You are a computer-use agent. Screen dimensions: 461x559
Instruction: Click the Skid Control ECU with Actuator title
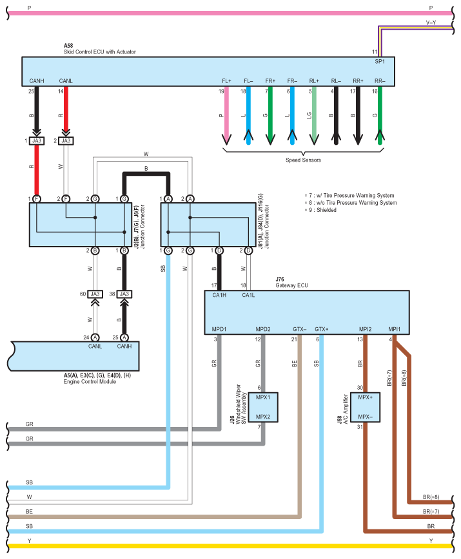(x=99, y=52)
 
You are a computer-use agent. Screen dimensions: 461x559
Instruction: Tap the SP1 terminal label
(x=380, y=61)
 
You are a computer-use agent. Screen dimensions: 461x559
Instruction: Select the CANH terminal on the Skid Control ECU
(x=37, y=81)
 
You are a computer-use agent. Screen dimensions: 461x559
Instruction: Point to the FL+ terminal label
(x=226, y=81)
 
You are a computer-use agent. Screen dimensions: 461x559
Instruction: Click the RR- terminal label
(x=380, y=81)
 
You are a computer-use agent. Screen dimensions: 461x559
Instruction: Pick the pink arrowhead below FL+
(x=226, y=139)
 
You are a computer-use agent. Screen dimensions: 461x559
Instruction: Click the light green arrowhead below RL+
(x=314, y=139)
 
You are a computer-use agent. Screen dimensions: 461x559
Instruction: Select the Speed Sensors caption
(x=303, y=160)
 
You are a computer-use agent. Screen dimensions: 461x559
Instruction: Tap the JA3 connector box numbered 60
(x=95, y=294)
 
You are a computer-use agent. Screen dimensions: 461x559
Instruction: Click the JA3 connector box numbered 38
(x=124, y=294)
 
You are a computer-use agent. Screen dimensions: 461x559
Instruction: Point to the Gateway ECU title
(x=291, y=285)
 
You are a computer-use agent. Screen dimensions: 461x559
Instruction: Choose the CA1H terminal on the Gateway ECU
(x=219, y=295)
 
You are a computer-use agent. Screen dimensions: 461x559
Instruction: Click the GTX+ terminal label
(x=322, y=329)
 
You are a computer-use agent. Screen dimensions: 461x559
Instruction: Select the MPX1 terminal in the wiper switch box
(x=263, y=397)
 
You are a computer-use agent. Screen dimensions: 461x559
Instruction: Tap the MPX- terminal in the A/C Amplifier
(x=365, y=417)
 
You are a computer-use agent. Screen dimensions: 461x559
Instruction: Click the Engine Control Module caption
(x=90, y=381)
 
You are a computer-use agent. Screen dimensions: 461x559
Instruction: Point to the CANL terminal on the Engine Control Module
(x=95, y=346)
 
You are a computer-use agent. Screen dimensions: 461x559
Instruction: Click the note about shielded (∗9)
(x=320, y=210)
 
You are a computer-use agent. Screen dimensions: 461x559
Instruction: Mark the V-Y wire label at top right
(x=431, y=23)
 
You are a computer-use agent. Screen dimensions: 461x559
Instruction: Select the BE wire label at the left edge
(x=29, y=511)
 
